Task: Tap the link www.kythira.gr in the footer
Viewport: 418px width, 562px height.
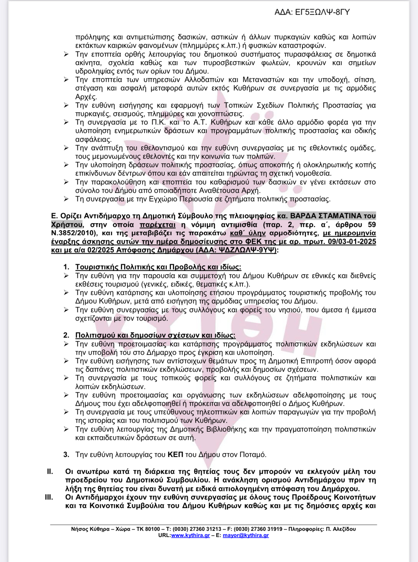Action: [190, 535]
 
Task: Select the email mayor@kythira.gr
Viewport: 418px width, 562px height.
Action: [246, 535]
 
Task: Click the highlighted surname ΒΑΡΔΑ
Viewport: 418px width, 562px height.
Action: [306, 216]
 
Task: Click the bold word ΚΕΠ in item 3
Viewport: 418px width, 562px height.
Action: [175, 454]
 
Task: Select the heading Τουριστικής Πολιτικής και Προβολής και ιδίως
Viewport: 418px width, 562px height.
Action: [158, 267]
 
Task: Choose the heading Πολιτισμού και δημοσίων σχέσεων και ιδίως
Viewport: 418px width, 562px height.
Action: [155, 335]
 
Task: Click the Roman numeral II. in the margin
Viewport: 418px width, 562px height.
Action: [50, 471]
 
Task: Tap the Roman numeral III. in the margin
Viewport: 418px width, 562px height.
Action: [49, 497]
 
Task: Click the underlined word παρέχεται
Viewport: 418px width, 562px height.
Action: [158, 224]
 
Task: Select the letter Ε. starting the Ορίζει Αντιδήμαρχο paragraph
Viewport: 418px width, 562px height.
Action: [54, 216]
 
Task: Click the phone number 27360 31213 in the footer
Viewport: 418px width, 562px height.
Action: [201, 529]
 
